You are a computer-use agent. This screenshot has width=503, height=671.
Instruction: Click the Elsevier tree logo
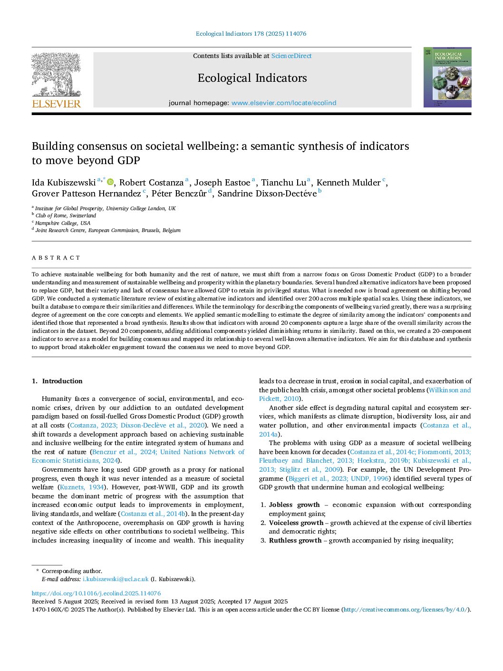click(x=56, y=74)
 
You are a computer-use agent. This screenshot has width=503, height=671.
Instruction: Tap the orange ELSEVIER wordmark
click(x=56, y=104)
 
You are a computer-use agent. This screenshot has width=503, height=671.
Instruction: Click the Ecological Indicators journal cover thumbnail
click(x=447, y=77)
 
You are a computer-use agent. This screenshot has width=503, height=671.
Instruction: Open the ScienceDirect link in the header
click(x=291, y=56)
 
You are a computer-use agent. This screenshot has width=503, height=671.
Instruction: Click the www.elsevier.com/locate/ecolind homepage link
click(x=284, y=103)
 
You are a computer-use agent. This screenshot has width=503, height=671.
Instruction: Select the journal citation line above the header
click(x=251, y=34)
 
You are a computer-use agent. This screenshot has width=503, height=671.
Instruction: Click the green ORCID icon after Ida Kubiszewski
click(x=110, y=182)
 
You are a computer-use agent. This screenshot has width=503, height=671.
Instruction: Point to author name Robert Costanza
click(x=151, y=183)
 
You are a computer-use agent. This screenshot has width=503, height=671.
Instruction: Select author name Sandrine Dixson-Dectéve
click(x=267, y=194)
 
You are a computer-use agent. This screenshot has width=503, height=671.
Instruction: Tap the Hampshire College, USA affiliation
click(x=63, y=223)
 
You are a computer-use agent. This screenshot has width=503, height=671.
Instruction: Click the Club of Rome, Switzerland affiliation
click(x=66, y=216)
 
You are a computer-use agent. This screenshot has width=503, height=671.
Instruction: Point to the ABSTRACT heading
click(x=56, y=258)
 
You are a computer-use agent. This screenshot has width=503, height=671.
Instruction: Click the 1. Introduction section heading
click(x=57, y=381)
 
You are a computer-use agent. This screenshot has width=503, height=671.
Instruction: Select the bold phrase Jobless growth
click(x=294, y=505)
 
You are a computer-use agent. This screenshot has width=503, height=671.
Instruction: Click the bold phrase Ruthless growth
click(x=295, y=541)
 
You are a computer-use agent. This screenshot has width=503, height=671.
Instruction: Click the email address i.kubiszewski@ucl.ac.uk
click(x=116, y=579)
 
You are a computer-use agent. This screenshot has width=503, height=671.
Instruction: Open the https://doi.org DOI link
click(x=96, y=593)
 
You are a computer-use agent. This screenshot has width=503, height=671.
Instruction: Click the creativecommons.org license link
click(x=405, y=610)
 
